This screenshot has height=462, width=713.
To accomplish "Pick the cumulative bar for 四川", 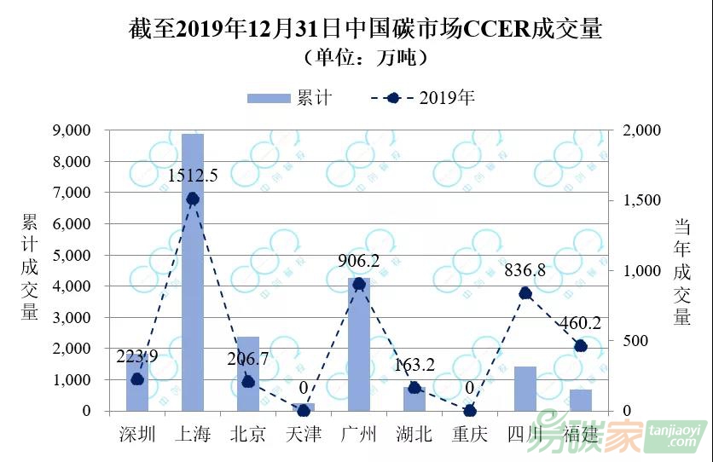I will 525,389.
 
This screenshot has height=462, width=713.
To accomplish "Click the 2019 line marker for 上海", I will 193,199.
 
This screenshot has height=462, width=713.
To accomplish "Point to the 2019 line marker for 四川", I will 525,293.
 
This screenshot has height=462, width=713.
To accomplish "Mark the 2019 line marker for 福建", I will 581,346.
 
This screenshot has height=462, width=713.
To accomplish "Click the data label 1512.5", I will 193,176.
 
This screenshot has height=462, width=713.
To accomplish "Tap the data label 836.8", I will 525,272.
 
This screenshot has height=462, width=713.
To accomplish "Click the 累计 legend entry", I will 290,98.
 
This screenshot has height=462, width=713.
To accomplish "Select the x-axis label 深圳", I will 136,434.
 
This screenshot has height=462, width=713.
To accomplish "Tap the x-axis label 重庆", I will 470,434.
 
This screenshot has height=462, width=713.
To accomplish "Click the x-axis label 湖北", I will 414,434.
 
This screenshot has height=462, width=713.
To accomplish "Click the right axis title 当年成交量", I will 682,271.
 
